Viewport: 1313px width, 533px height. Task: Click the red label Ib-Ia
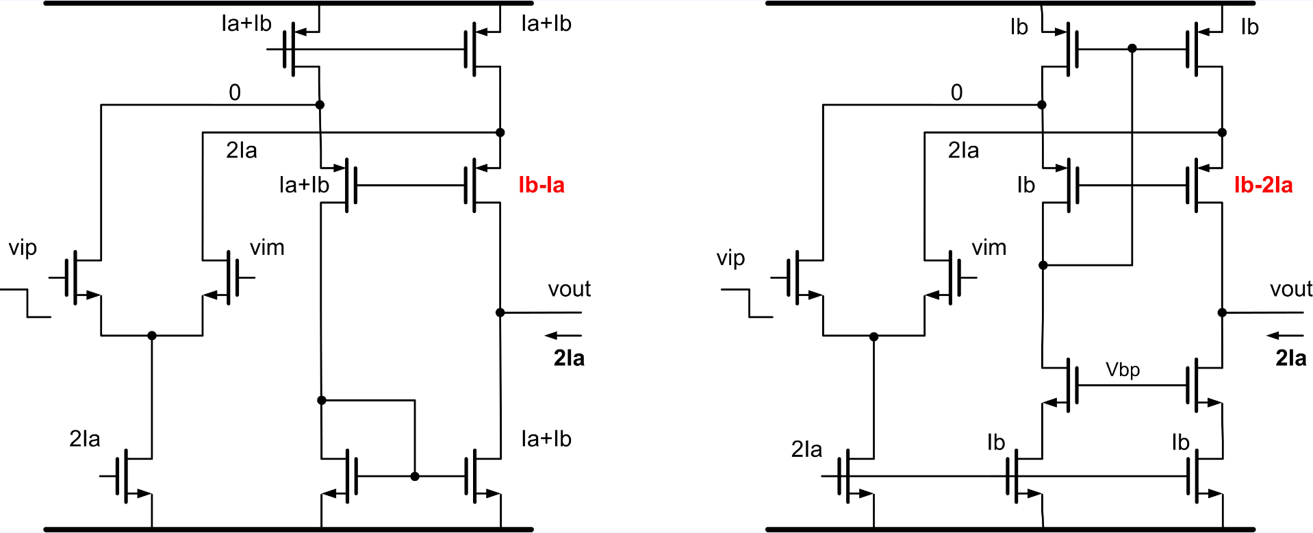[x=541, y=185]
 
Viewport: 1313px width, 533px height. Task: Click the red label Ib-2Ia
[x=1263, y=185]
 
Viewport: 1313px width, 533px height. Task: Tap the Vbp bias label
[x=1123, y=370]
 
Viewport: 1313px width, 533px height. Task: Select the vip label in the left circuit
[x=23, y=247]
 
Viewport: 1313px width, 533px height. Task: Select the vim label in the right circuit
[x=989, y=247]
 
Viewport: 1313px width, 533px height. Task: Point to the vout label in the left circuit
[x=569, y=289]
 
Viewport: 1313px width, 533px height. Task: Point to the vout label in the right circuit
[x=1291, y=289]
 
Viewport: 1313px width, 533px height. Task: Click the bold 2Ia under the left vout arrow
[x=569, y=358]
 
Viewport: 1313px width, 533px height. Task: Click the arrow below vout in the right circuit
[x=1285, y=336]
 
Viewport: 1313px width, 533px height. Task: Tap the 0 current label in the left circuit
[x=235, y=92]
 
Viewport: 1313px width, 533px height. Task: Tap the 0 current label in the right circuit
[x=956, y=92]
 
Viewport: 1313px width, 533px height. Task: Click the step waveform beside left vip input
[x=26, y=303]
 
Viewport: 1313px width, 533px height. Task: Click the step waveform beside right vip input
[x=748, y=303]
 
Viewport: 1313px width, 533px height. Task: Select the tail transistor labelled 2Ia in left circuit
[x=130, y=476]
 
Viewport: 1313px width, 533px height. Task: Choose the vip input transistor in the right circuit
[x=801, y=277]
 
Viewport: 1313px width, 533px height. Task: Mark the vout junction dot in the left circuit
[x=500, y=312]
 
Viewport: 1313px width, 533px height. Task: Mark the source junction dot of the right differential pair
[x=874, y=336]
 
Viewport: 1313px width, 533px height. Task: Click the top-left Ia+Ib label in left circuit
[x=246, y=24]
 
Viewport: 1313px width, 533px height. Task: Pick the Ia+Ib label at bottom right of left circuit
[x=546, y=439]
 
